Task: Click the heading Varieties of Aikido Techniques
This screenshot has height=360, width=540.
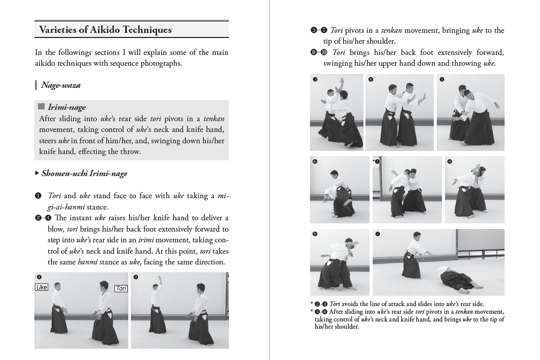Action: [x=105, y=30]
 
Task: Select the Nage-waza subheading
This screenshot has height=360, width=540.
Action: [x=61, y=85]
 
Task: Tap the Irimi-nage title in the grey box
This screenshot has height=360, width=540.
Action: [x=67, y=107]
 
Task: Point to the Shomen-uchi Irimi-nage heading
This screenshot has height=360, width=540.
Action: [x=84, y=174]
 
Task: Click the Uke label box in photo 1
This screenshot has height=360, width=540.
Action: [x=42, y=288]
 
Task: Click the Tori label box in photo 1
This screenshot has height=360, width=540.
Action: [x=121, y=289]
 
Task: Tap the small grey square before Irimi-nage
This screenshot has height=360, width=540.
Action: [x=42, y=107]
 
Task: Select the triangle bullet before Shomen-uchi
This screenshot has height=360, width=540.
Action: [x=37, y=174]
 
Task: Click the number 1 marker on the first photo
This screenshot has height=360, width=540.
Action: [x=39, y=277]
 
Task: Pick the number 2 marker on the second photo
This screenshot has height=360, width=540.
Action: [x=136, y=277]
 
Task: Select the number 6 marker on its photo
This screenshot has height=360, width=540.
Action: [x=315, y=162]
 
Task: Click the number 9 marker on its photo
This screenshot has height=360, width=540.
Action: [x=315, y=234]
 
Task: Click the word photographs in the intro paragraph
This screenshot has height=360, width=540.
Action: [x=161, y=64]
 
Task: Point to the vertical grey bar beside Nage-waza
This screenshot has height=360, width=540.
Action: [x=36, y=85]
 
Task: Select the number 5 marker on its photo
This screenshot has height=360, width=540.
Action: [x=442, y=80]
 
